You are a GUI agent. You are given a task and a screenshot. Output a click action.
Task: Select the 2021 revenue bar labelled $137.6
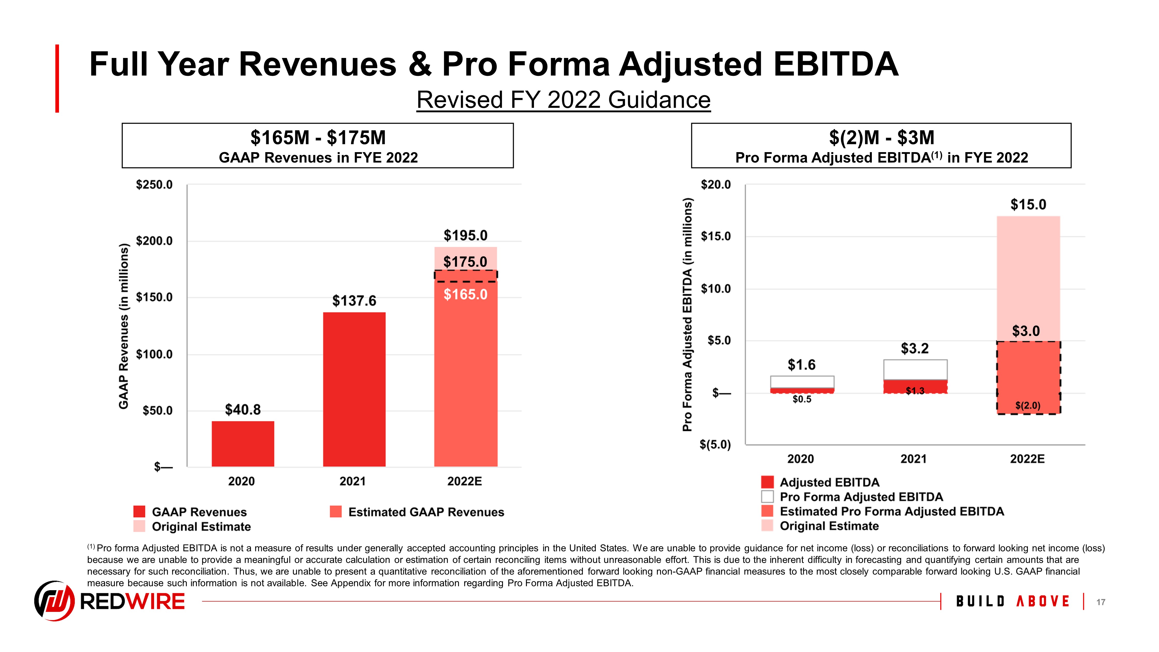point(354,389)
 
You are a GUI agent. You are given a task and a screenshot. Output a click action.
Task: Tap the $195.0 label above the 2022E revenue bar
point(465,235)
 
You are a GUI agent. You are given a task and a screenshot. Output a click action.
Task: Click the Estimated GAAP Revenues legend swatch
point(336,512)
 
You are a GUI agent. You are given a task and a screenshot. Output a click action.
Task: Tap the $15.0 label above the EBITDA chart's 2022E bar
point(1028,205)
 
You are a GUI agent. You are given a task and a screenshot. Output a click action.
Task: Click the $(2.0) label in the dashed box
point(1028,405)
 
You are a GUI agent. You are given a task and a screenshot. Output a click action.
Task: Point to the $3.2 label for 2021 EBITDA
point(914,348)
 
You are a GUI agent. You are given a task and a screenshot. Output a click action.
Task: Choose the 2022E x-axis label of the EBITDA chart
point(1027,459)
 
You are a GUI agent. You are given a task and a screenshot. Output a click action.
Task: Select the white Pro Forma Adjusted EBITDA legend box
point(767,497)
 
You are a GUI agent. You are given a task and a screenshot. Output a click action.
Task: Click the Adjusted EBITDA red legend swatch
point(767,482)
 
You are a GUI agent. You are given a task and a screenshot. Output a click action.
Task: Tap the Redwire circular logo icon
point(54,601)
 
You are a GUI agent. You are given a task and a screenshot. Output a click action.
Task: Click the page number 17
point(1101,602)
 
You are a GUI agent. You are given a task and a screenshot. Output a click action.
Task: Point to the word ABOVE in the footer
point(1043,602)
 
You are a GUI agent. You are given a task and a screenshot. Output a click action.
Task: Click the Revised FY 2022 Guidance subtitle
point(563,100)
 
